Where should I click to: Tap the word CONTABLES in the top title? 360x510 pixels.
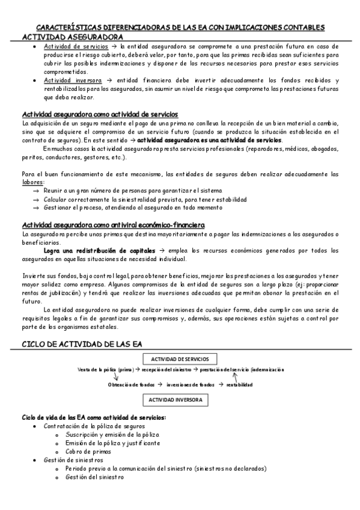[305, 28]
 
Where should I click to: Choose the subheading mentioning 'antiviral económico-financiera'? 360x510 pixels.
[112, 224]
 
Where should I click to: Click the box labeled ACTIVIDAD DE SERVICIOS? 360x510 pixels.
[180, 359]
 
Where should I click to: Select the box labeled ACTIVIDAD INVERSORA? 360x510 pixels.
[175, 399]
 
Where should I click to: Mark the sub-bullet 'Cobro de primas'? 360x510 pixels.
[88, 451]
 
